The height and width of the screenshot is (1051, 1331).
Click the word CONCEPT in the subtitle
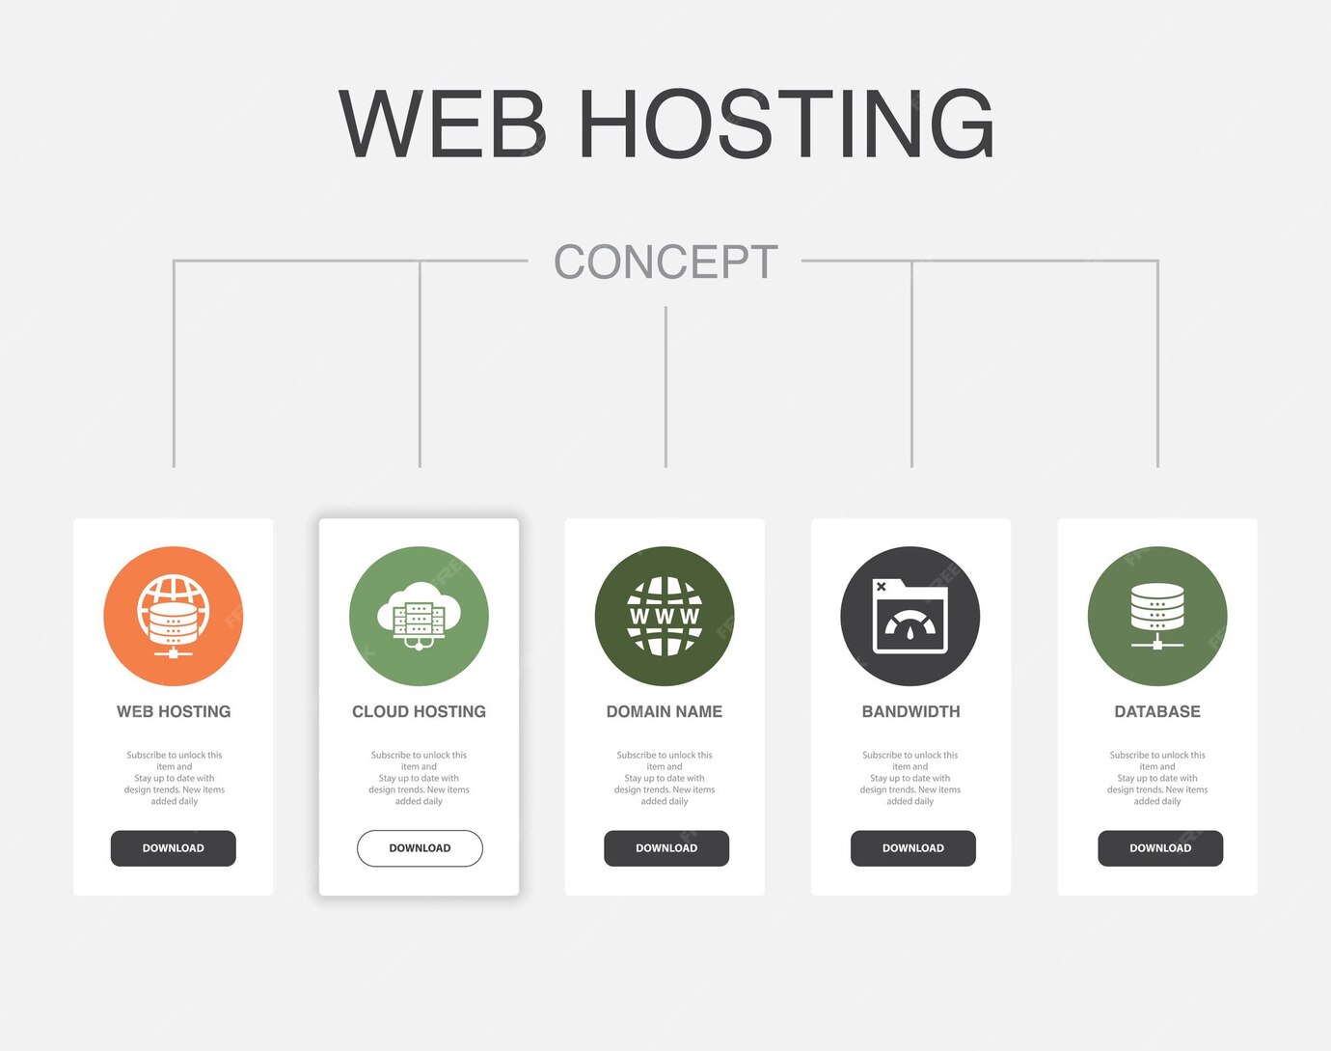[665, 262]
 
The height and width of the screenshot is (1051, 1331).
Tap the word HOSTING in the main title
[785, 124]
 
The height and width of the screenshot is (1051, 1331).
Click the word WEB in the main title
[443, 124]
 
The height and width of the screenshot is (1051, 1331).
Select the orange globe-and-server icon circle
[174, 616]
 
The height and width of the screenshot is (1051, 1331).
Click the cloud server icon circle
[419, 616]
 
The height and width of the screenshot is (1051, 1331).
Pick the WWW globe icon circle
[665, 616]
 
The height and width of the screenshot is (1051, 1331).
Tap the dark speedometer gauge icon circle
[910, 616]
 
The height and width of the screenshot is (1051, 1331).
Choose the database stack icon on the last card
[1157, 616]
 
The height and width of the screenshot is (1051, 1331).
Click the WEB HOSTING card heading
[174, 711]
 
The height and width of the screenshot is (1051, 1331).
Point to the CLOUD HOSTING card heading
[419, 711]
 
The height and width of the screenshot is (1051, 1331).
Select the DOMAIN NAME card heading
[665, 711]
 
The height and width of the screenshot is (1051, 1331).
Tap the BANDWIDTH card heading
[910, 711]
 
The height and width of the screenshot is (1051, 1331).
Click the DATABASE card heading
[1157, 711]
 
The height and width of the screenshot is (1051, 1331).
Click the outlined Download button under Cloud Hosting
[420, 848]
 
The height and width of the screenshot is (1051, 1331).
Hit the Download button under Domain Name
[666, 848]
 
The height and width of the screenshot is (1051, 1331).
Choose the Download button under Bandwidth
[913, 848]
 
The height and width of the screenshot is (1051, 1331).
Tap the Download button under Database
[1160, 848]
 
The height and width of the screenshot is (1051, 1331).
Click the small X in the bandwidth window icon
[881, 586]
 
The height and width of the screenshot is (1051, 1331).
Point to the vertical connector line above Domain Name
[665, 386]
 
